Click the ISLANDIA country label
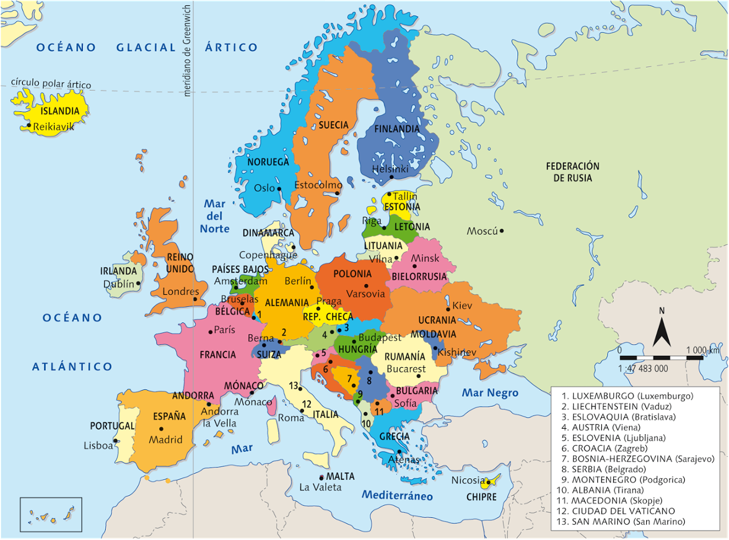click(59, 111)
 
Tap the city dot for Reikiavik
click(29, 125)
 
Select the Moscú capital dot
click(501, 231)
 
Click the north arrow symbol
click(661, 333)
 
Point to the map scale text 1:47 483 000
click(643, 368)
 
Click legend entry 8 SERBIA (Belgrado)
click(604, 469)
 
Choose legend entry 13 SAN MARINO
click(620, 521)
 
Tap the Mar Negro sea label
click(490, 393)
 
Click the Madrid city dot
click(161, 429)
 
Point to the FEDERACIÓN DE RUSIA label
click(572, 172)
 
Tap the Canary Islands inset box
click(51, 515)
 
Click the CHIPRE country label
click(481, 497)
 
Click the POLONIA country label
click(352, 274)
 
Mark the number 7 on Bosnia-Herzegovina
click(349, 378)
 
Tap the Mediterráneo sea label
click(397, 496)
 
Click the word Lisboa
click(98, 446)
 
